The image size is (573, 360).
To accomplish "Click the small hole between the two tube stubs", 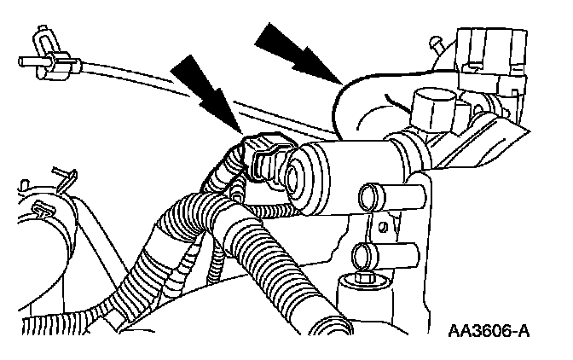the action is click(386, 226).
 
